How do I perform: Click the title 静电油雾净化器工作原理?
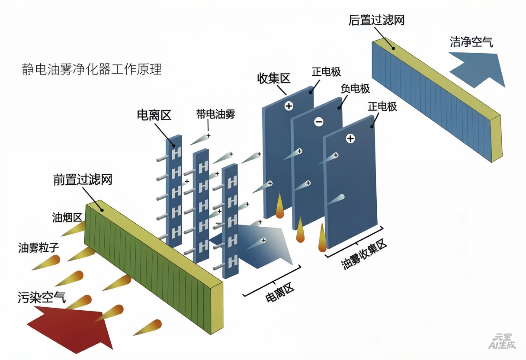click(92, 69)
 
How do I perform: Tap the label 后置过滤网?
click(376, 20)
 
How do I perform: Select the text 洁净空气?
click(471, 42)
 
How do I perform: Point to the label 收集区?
click(274, 78)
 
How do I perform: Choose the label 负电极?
click(355, 89)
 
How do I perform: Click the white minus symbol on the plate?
click(319, 122)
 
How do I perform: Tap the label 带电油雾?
click(215, 114)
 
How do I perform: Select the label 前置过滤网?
click(83, 180)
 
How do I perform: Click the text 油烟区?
click(67, 218)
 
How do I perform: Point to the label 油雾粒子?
click(38, 248)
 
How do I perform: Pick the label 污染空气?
click(42, 297)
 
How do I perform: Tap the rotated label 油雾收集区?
click(363, 255)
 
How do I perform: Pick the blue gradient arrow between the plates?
click(253, 245)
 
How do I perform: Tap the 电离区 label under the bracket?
click(279, 292)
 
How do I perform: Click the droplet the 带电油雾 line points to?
click(201, 139)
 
